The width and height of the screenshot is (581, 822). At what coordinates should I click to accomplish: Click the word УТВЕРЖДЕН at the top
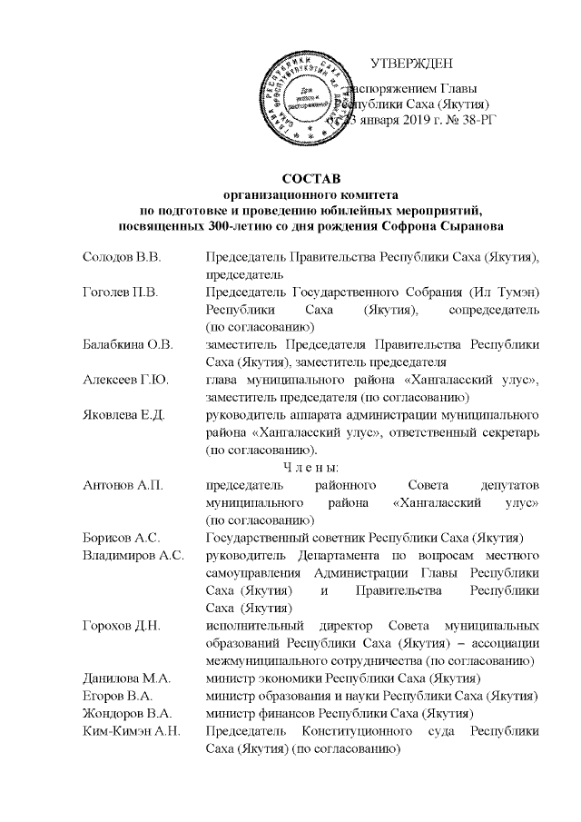tap(418, 64)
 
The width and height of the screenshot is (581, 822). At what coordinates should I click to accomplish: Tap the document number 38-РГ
tap(491, 122)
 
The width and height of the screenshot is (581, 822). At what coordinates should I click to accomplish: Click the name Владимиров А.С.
tap(132, 555)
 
